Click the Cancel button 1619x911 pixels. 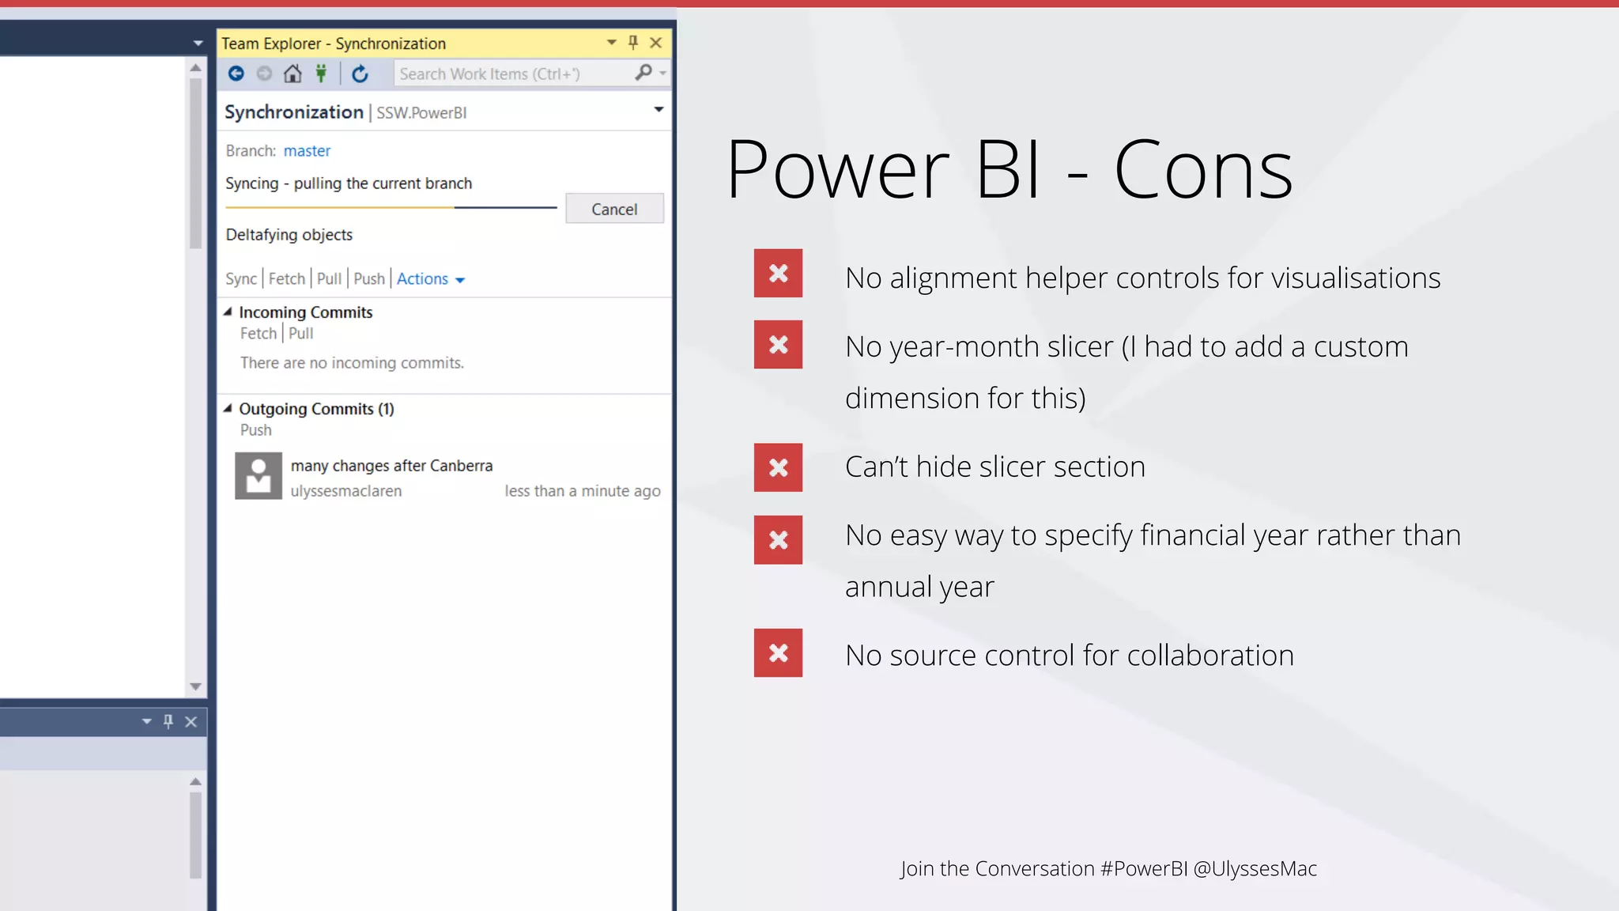point(614,209)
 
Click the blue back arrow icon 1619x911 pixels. point(236,74)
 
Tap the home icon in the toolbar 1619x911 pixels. point(292,74)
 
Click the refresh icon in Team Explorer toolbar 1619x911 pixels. point(360,74)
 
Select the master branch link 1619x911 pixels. point(307,151)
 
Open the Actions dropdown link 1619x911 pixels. point(430,279)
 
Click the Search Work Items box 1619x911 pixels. point(514,74)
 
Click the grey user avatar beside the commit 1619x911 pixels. point(259,475)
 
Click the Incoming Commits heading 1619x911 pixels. point(305,312)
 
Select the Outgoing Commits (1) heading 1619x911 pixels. point(316,409)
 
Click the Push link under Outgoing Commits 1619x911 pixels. point(255,430)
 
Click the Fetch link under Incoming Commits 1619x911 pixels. point(259,334)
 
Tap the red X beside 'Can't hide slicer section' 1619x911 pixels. point(778,467)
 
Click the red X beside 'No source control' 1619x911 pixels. point(778,653)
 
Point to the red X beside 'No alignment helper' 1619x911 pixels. point(778,274)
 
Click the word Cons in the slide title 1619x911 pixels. point(1202,170)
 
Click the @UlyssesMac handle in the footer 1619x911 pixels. point(1255,869)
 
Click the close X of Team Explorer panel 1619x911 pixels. point(655,43)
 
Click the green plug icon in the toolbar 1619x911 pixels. point(321,74)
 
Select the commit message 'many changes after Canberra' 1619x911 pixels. point(391,466)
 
